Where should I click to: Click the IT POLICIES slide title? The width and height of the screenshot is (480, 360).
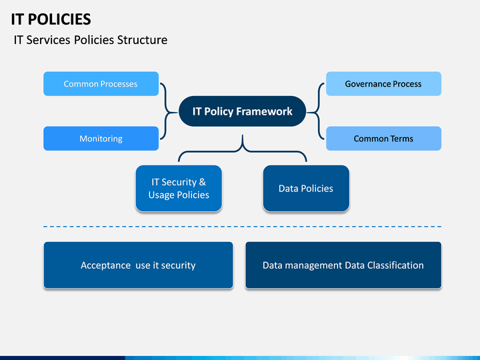(51, 19)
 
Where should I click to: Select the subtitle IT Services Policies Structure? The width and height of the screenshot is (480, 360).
(91, 40)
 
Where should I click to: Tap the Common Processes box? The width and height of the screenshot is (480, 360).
(101, 84)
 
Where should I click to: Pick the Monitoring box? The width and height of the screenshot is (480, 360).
(101, 139)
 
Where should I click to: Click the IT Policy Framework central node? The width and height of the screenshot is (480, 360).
(243, 111)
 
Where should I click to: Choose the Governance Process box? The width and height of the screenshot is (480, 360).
(383, 84)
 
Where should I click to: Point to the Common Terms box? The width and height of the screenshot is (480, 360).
(383, 139)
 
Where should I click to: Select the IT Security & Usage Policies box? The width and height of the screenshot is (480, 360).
(179, 189)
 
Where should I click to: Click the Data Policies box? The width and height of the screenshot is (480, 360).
(306, 189)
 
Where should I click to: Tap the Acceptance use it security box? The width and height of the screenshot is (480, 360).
(139, 265)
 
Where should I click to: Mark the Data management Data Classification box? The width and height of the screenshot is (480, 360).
(343, 265)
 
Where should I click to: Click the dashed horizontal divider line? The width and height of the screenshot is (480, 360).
(243, 227)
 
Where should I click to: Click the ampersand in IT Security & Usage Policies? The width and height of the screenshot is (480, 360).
(203, 182)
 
